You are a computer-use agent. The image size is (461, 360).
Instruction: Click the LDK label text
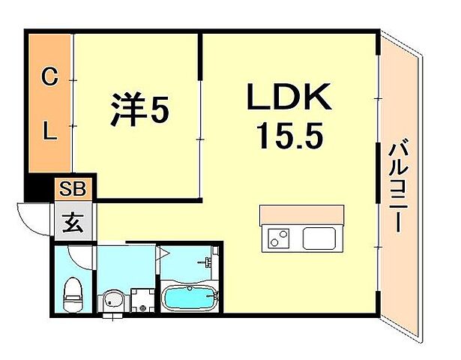288,97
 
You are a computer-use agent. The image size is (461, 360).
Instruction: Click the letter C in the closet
49,75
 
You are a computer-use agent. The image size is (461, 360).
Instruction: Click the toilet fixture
73,294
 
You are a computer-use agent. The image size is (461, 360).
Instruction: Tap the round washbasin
112,301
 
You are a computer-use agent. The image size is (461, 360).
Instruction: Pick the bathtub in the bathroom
190,298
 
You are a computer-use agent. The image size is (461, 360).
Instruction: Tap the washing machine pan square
142,300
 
